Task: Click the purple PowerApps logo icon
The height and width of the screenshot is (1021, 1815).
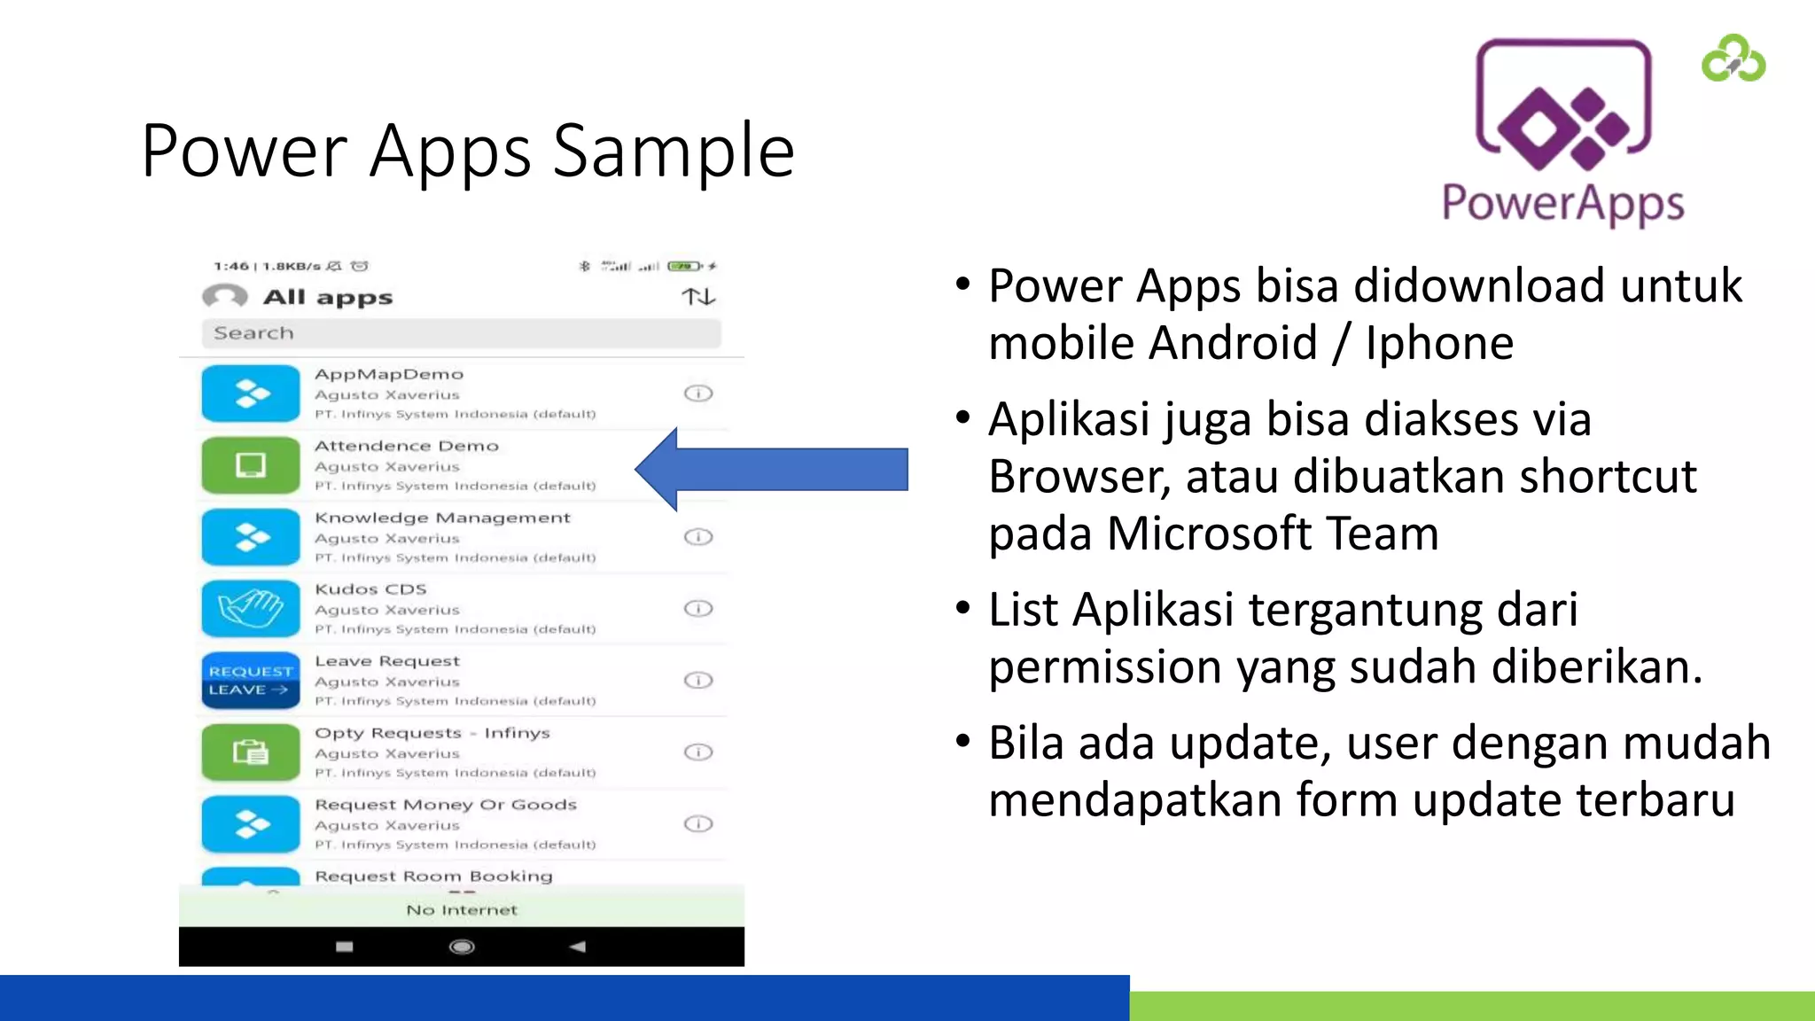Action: (x=1562, y=106)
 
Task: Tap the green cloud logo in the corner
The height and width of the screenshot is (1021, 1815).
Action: (x=1733, y=59)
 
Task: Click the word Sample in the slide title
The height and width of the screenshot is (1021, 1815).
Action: (x=674, y=151)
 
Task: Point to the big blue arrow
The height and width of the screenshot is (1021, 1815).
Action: (x=771, y=469)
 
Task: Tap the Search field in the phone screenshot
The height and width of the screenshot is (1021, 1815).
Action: (x=461, y=333)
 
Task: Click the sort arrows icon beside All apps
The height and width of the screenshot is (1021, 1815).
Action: (x=698, y=297)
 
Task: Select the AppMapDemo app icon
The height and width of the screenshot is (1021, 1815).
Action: (x=251, y=394)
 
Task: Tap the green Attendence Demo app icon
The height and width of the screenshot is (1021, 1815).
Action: (x=251, y=465)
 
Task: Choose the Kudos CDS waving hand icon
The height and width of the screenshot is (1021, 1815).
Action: (x=251, y=609)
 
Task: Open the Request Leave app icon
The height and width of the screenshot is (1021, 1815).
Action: (x=251, y=681)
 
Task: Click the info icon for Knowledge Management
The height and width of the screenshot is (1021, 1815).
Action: (x=698, y=537)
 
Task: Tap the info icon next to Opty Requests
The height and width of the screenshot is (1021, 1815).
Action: (x=698, y=752)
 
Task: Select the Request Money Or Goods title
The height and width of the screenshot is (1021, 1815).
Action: (x=446, y=805)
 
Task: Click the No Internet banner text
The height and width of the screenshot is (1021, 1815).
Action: (x=462, y=910)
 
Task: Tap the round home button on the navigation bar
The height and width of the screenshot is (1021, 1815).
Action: (x=462, y=947)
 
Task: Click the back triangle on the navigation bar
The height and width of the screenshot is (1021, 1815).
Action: (x=578, y=947)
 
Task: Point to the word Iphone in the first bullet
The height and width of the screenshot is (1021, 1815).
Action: (x=1439, y=344)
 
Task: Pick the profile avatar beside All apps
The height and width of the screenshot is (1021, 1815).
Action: (x=225, y=296)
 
